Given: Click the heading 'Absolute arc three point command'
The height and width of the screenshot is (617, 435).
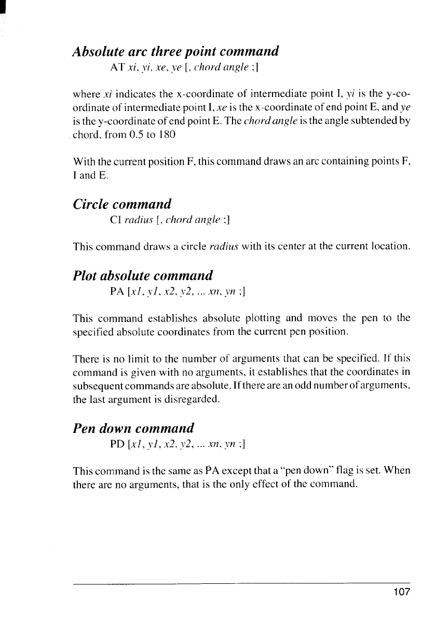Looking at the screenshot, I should click(176, 52).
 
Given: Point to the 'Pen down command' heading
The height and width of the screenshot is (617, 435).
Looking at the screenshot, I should click(134, 428).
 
